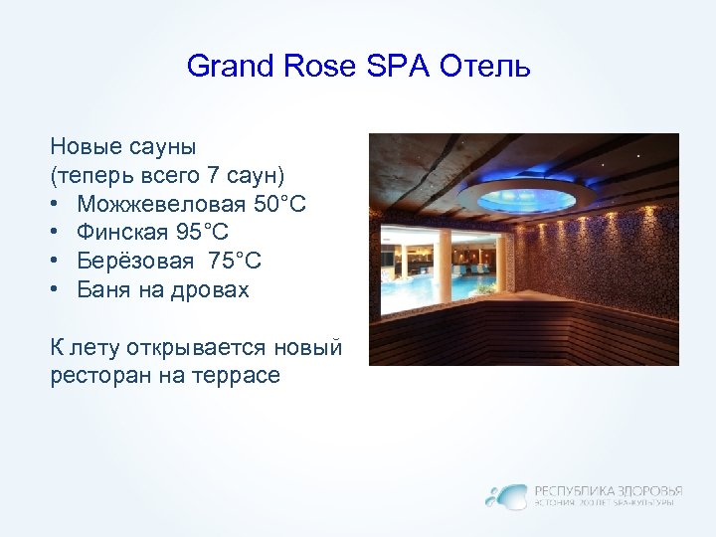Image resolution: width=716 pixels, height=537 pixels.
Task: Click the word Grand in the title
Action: click(x=217, y=68)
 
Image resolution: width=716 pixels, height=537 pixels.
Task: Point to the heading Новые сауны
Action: click(x=123, y=146)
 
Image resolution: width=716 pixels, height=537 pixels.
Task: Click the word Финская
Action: click(x=121, y=233)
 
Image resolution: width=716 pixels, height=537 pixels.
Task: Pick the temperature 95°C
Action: click(x=202, y=233)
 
